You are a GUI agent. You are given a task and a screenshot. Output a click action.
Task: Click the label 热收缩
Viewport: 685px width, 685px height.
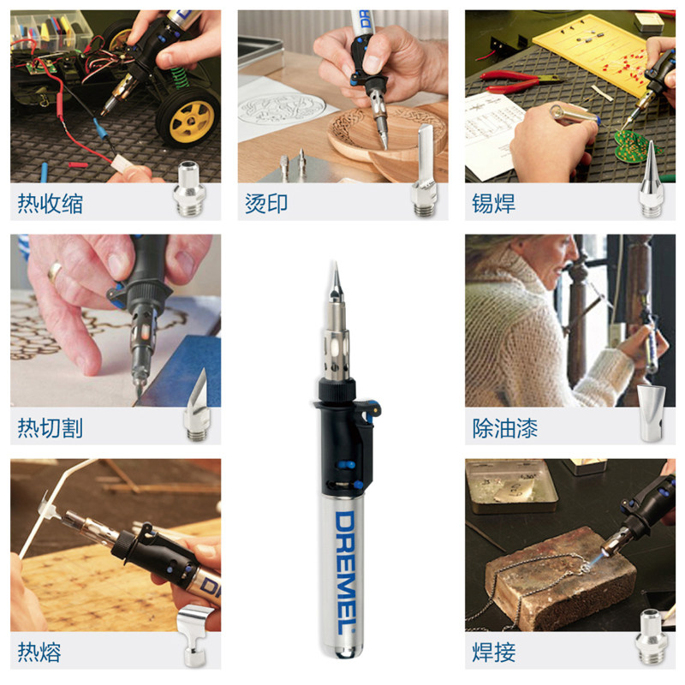[51, 204]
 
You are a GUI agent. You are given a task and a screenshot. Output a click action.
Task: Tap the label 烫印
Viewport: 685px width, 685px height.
[266, 204]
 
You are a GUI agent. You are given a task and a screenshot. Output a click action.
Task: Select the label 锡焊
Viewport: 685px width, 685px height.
[494, 204]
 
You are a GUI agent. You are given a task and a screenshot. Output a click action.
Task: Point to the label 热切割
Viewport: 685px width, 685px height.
[51, 428]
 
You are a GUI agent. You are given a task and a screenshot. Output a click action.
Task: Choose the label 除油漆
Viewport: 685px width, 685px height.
[504, 428]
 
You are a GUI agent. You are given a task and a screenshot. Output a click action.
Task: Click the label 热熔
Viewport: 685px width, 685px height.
[39, 652]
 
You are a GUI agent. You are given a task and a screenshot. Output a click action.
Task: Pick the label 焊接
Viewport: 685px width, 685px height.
[494, 652]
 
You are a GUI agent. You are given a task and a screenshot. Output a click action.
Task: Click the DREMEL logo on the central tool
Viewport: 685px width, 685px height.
[345, 573]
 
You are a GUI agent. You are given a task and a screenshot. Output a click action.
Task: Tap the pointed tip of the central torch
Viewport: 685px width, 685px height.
[335, 263]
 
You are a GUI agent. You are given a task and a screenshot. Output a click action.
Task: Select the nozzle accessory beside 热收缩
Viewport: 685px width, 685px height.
[188, 188]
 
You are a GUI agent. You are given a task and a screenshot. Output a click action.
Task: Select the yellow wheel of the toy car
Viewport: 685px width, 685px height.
[188, 117]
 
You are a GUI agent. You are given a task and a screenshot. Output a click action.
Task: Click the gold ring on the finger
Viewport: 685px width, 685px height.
[54, 271]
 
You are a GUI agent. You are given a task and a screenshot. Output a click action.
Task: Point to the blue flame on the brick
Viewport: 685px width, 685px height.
[593, 563]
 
